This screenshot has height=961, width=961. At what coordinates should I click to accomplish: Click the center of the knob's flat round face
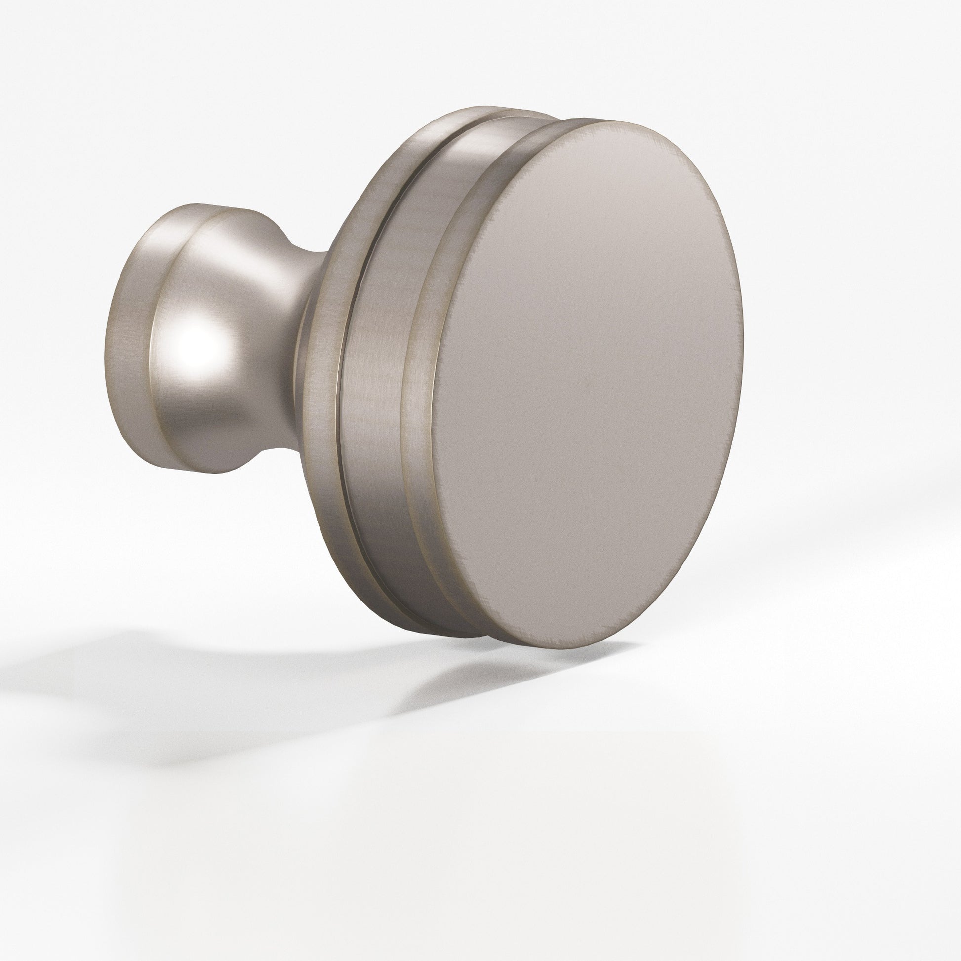point(587,383)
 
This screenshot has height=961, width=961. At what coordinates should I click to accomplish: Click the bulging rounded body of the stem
point(224,323)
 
